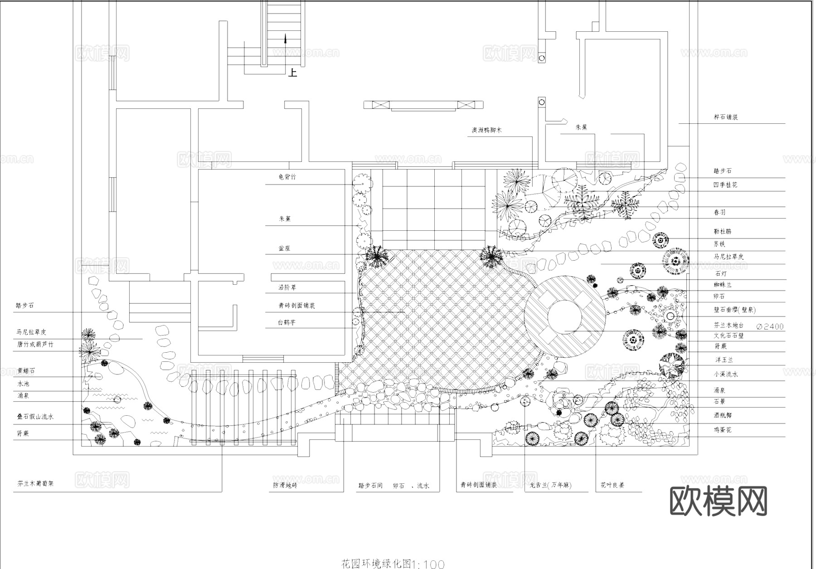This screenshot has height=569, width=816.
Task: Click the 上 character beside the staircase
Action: [293, 73]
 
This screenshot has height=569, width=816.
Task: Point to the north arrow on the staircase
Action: [285, 39]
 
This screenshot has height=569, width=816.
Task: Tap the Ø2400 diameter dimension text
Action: [770, 326]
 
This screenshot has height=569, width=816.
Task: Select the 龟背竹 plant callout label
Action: [287, 177]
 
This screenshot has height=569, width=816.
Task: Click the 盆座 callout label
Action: [284, 248]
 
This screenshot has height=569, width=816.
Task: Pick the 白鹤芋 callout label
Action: [287, 323]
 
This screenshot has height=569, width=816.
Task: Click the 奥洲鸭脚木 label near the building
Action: [486, 130]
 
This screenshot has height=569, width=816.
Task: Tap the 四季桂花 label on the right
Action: [725, 185]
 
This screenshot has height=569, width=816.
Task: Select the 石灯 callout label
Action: [721, 274]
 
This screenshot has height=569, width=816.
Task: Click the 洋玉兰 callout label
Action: [724, 360]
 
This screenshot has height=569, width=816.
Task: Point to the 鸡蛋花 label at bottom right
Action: [723, 429]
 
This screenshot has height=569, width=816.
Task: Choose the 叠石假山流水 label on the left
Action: [35, 417]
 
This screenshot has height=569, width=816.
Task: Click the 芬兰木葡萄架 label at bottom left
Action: [35, 483]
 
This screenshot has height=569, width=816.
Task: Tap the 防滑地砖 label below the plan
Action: [285, 485]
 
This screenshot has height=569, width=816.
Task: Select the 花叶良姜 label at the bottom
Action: [612, 485]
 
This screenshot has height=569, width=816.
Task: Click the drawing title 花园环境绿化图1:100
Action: [393, 564]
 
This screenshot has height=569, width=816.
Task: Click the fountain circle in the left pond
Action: [117, 399]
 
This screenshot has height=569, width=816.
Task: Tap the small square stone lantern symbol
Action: [620, 280]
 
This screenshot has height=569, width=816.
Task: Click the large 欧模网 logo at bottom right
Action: [718, 501]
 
